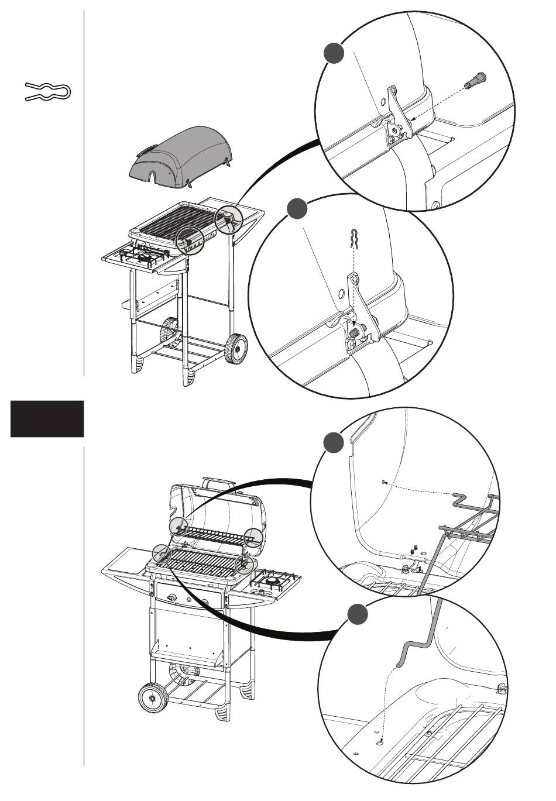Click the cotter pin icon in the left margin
click(47, 92)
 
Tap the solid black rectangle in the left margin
click(47, 419)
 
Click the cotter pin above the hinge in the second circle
click(353, 239)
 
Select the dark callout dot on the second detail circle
click(297, 209)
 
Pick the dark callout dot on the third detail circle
click(334, 442)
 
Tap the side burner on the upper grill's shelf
click(142, 256)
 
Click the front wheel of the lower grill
click(152, 698)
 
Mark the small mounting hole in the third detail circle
click(383, 482)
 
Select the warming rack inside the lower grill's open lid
click(213, 533)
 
